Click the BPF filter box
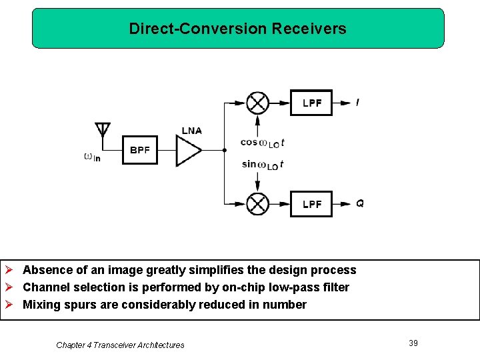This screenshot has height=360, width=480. [140, 150]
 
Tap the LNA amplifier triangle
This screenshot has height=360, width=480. [187, 151]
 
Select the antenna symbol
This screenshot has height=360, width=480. [102, 131]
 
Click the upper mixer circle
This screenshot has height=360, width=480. [257, 103]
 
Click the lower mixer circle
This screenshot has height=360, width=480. [257, 203]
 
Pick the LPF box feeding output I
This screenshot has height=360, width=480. [311, 103]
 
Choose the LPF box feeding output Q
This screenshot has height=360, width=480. [311, 203]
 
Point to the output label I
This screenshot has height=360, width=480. [358, 103]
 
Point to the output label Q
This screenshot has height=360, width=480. [360, 203]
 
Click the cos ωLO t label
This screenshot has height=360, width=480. [263, 143]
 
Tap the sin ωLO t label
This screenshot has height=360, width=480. [263, 165]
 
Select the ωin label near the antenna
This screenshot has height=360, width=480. [92, 157]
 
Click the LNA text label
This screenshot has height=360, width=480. [191, 131]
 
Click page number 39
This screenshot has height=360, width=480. [413, 343]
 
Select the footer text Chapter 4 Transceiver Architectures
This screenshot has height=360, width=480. [120, 345]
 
